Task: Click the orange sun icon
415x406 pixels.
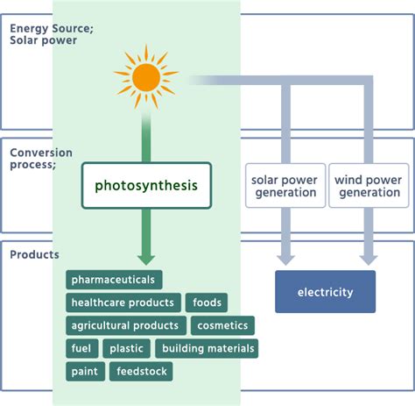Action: click(146, 77)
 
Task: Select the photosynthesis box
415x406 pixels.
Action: click(146, 185)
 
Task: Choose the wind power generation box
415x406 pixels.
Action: click(369, 185)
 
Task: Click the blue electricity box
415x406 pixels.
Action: click(326, 292)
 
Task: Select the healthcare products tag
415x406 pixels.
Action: click(123, 303)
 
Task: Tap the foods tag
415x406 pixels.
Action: click(207, 303)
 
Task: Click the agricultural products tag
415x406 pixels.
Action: click(126, 326)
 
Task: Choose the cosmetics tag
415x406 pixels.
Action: click(223, 326)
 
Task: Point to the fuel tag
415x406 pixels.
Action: click(82, 349)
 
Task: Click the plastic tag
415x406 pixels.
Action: click(127, 349)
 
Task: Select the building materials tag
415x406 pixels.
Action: click(207, 349)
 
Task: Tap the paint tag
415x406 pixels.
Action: click(84, 372)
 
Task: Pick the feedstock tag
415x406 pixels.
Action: click(141, 372)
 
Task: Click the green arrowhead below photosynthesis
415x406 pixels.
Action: click(146, 259)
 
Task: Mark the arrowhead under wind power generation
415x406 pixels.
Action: click(369, 259)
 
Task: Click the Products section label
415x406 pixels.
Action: click(34, 255)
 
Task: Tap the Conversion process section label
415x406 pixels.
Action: click(41, 159)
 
